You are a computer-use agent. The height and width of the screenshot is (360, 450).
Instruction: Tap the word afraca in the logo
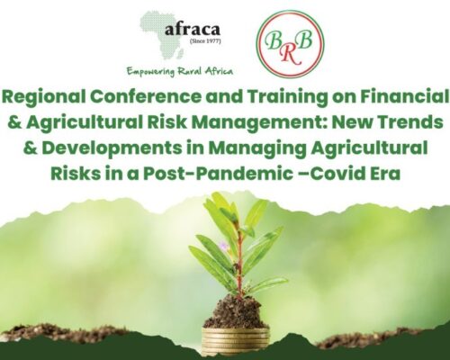click(193, 30)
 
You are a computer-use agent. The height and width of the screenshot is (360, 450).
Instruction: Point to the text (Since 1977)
click(205, 40)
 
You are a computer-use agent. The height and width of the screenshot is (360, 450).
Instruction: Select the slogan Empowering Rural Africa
click(180, 72)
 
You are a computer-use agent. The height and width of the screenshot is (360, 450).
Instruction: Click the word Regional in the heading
click(44, 97)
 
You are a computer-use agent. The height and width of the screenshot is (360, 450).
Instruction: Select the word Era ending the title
click(386, 174)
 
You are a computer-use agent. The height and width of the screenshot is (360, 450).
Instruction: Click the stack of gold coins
click(236, 341)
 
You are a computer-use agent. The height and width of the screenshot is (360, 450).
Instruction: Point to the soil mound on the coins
click(236, 312)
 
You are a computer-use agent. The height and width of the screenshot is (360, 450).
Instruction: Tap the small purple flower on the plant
click(223, 246)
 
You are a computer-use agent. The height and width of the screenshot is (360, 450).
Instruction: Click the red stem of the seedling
click(239, 263)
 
